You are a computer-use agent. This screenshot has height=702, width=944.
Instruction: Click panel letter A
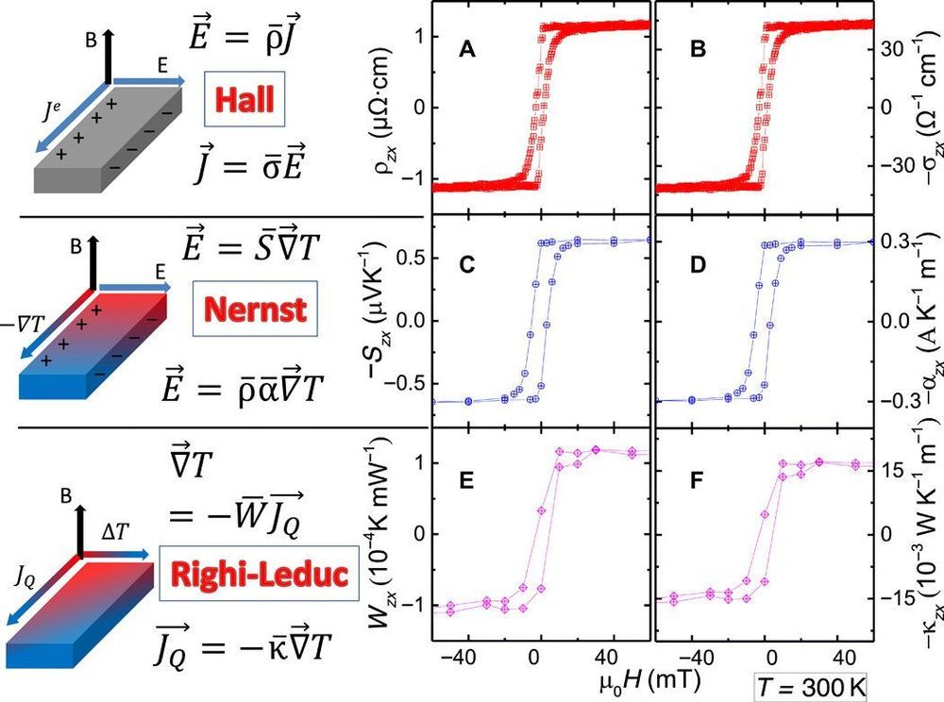click(x=465, y=53)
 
